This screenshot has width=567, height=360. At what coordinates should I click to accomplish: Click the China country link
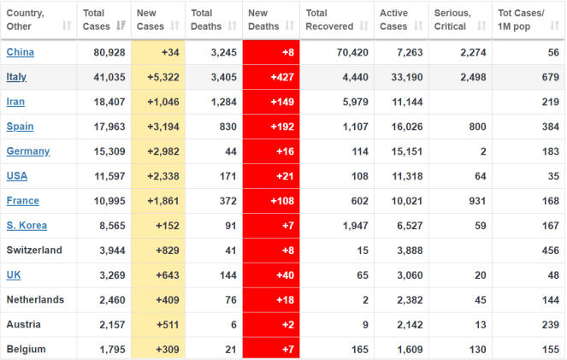coord(21,52)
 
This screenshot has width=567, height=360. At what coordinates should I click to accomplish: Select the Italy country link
coord(17,77)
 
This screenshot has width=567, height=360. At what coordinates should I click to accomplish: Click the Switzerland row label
coord(35,251)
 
